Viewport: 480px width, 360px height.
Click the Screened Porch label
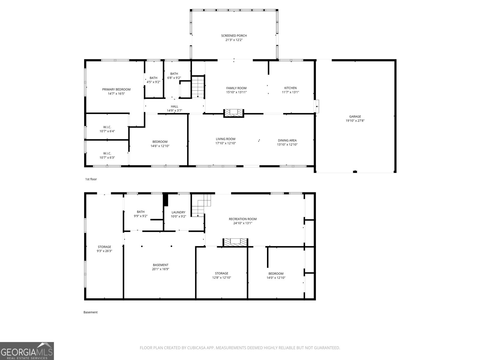click(x=234, y=36)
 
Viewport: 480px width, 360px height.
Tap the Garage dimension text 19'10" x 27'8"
click(x=355, y=121)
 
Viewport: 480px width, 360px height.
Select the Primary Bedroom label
click(x=116, y=89)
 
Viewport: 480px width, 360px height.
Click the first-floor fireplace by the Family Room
click(x=234, y=113)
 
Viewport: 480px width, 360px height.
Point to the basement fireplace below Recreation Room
click(x=235, y=242)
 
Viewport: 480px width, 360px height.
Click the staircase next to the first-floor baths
click(x=198, y=87)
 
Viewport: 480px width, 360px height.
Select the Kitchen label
click(x=290, y=88)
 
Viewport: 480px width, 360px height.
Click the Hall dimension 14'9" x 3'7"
click(x=174, y=111)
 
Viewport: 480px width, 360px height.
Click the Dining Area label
click(x=287, y=140)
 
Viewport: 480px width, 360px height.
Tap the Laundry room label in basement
click(x=178, y=212)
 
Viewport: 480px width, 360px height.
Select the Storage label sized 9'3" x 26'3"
click(x=104, y=247)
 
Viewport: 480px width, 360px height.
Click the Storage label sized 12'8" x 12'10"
click(x=221, y=273)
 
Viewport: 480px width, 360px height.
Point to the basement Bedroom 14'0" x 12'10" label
click(x=276, y=274)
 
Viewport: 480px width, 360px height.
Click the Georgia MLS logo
click(x=27, y=351)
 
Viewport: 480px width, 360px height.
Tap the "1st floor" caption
click(x=91, y=179)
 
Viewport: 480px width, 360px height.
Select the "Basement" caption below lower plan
click(x=90, y=312)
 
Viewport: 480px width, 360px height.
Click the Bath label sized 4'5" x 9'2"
click(x=153, y=78)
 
